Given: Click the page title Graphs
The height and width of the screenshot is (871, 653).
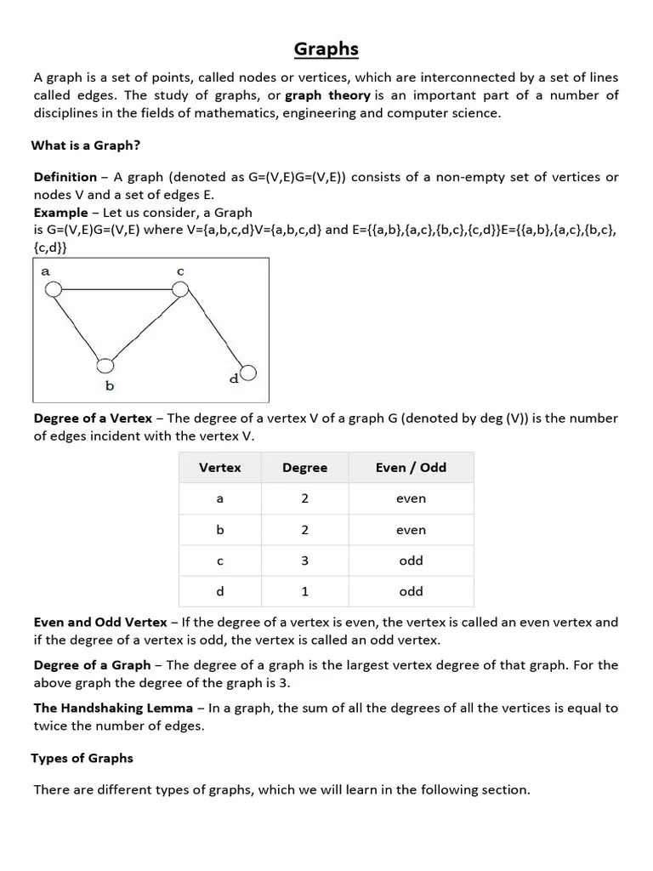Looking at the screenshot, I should (326, 49).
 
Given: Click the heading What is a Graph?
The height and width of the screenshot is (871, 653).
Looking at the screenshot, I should (86, 145).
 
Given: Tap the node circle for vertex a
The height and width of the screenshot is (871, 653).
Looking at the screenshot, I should (53, 290).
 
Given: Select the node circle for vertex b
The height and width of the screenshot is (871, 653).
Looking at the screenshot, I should (105, 366).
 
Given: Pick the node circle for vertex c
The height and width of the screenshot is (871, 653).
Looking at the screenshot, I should (180, 289).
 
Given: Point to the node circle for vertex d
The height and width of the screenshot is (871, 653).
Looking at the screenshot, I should (248, 373).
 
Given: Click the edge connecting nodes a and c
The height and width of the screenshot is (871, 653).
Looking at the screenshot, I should (116, 290).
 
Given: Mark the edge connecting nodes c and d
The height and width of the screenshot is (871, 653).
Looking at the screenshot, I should (214, 331).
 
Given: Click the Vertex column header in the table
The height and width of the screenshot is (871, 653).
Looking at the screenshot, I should (220, 468).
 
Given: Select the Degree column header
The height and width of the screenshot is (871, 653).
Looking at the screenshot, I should (304, 468).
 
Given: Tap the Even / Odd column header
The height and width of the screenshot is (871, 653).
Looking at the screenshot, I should (411, 468).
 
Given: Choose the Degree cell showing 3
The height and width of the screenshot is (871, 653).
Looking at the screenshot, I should (304, 561).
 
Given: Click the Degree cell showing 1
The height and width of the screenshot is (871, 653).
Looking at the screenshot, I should (304, 591).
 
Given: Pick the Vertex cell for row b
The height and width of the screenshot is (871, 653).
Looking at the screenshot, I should (220, 530).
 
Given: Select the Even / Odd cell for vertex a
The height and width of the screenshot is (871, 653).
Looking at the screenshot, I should (411, 499).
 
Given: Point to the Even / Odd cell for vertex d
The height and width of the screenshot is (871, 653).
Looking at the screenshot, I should (411, 591).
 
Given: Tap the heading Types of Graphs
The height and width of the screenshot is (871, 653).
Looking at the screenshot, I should (82, 758).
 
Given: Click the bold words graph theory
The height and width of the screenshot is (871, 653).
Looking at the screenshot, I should (327, 95).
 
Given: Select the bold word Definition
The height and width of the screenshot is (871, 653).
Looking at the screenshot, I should (65, 177).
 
